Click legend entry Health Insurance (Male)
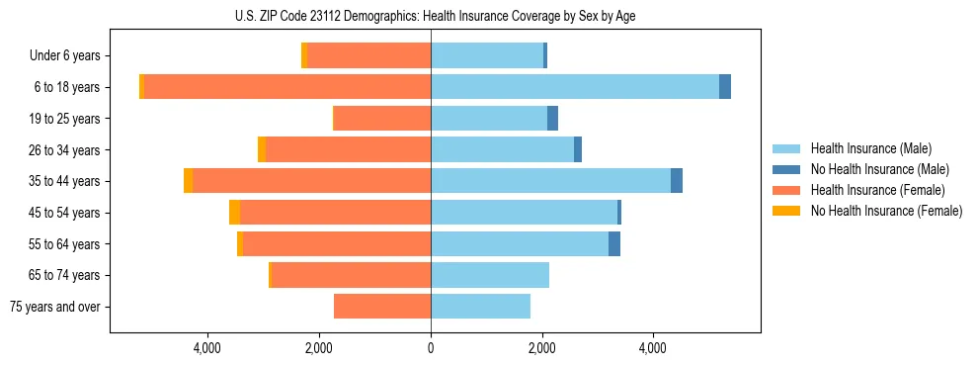[x=870, y=148]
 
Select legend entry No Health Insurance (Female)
[x=886, y=211]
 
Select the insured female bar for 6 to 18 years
[x=287, y=87]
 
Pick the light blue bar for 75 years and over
[x=480, y=307]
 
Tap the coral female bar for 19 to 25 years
[x=382, y=119]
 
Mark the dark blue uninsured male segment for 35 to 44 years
[x=677, y=181]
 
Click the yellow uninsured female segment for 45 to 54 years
[x=234, y=213]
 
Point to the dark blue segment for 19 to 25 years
[x=553, y=119]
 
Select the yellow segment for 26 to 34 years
[x=262, y=149]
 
